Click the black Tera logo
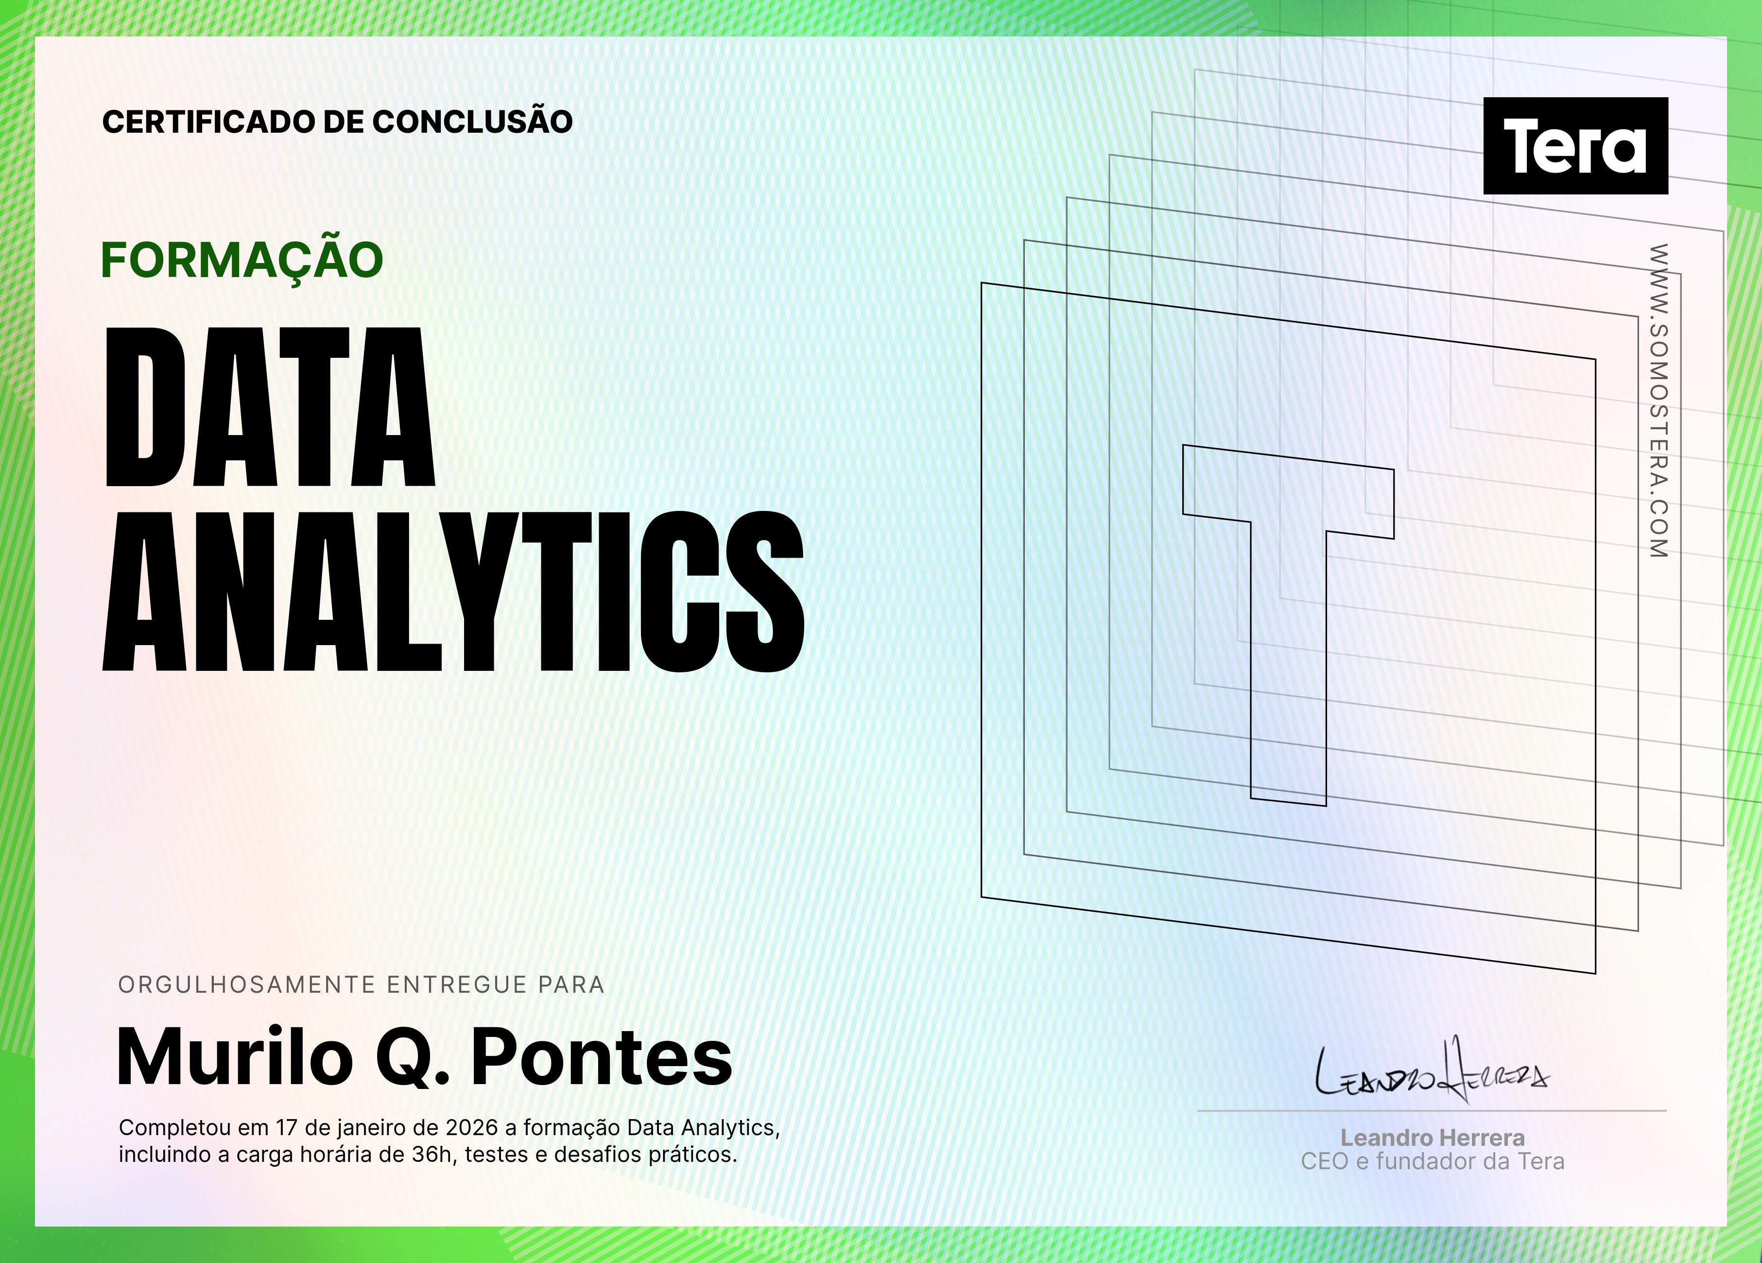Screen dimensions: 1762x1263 (1575, 145)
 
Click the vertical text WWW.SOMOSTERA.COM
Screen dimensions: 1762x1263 (1658, 400)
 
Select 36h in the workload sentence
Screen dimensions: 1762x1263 (432, 1154)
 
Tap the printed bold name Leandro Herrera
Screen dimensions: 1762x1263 (1433, 1138)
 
